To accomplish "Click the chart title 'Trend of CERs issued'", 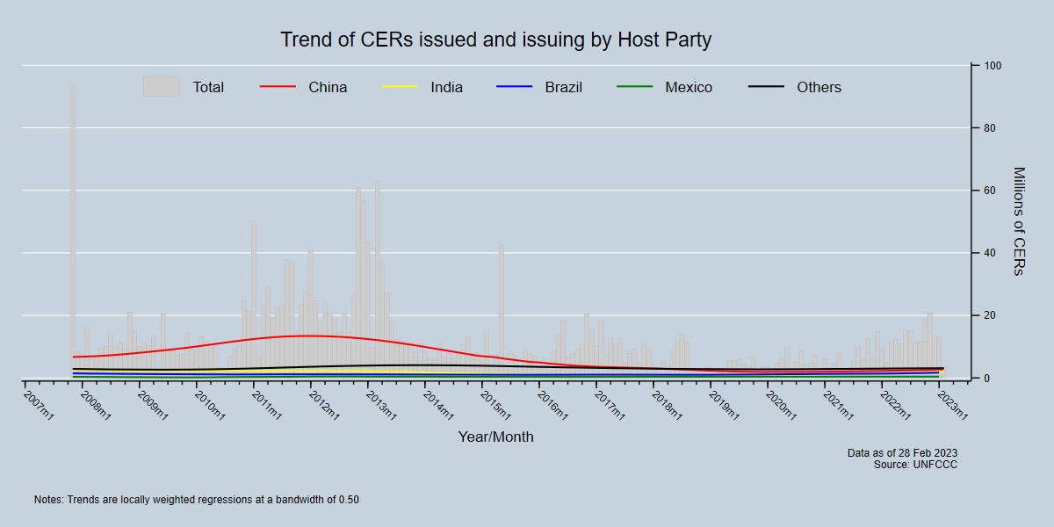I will [x=495, y=40].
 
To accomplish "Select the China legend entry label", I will [x=328, y=87].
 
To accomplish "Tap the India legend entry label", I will [x=446, y=87].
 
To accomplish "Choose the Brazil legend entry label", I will [x=563, y=87].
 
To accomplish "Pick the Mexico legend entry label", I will [x=689, y=87].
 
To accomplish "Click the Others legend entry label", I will [x=819, y=87].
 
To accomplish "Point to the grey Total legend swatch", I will [x=162, y=86].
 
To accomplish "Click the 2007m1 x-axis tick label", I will [x=39, y=405].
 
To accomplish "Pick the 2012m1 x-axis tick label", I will [x=324, y=405].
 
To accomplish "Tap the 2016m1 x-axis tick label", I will [x=552, y=405].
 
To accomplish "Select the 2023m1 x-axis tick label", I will [x=952, y=405].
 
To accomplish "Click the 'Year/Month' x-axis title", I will [x=495, y=437].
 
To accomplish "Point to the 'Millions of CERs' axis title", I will [x=1018, y=221].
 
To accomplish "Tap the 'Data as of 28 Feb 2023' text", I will [x=902, y=453].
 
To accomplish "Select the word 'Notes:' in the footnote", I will [x=48, y=500].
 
